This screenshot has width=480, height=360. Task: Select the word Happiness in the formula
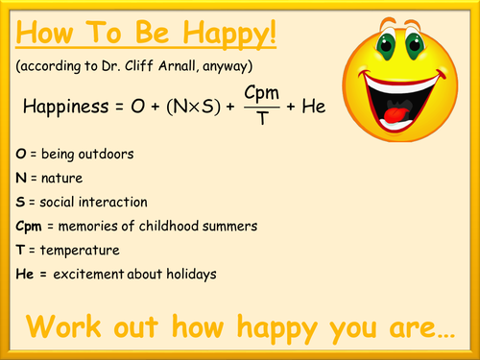click(x=66, y=107)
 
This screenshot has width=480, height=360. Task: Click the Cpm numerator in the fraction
click(x=261, y=94)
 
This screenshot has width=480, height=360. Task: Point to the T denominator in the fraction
click(x=262, y=118)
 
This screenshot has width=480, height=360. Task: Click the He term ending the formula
click(x=314, y=107)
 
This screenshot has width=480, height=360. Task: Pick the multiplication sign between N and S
click(x=194, y=108)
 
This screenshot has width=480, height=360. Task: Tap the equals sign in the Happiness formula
click(x=119, y=107)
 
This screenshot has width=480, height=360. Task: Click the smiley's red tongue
click(x=396, y=114)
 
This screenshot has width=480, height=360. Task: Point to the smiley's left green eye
click(x=386, y=45)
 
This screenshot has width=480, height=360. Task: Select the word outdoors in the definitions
click(x=106, y=154)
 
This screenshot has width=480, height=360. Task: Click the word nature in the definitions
click(x=61, y=179)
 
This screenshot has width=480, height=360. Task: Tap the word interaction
click(x=113, y=202)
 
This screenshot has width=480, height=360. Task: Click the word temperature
click(x=80, y=251)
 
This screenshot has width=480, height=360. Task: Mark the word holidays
click(x=191, y=275)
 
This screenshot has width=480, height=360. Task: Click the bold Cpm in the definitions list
click(x=29, y=227)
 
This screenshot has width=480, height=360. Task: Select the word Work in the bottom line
click(x=63, y=326)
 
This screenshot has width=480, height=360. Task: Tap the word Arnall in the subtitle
click(x=177, y=65)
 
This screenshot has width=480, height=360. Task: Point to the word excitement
click(x=88, y=275)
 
